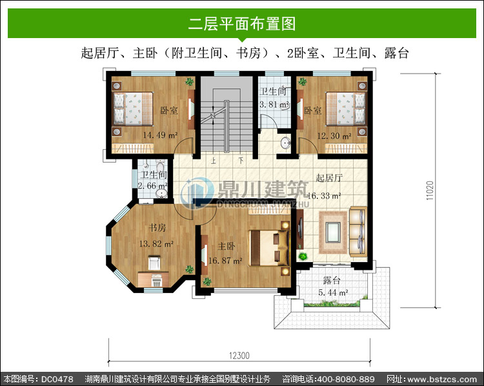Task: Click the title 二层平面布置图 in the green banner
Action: (242, 24)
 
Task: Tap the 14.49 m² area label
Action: (160, 135)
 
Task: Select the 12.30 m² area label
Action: (334, 136)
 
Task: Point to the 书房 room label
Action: (157, 228)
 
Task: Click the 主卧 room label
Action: (227, 246)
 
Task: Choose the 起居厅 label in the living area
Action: (329, 178)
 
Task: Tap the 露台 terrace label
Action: (332, 280)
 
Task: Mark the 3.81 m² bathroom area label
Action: (274, 105)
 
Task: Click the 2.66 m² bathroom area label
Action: (152, 186)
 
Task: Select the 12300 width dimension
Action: (239, 356)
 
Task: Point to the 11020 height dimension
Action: (430, 190)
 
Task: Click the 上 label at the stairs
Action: (214, 161)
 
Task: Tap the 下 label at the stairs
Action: (241, 161)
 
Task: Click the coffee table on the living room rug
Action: (334, 232)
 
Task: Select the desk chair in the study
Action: (154, 262)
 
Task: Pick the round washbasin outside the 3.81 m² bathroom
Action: (285, 143)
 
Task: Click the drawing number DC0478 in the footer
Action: (57, 379)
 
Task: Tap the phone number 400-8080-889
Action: (346, 379)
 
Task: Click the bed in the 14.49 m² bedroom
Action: (133, 108)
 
